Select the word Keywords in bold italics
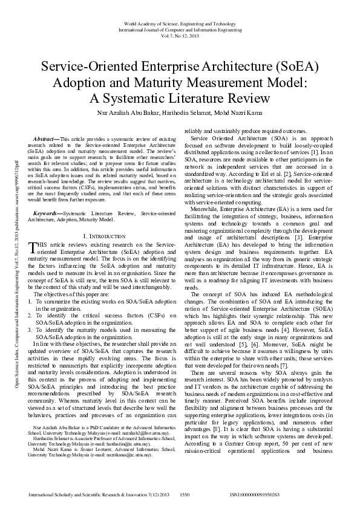click(47, 213)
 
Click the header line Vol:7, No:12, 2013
click(180, 34)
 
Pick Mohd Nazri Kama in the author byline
click(243, 112)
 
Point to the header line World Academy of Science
click(180, 22)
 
